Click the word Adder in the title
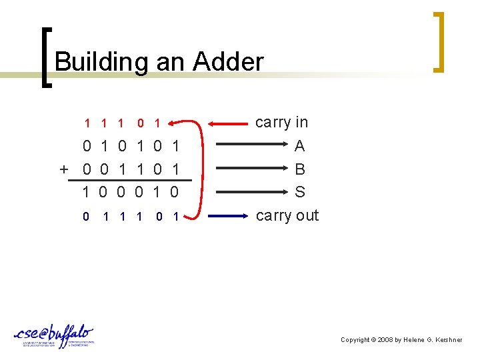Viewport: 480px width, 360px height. click(228, 63)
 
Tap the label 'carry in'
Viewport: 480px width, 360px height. click(281, 122)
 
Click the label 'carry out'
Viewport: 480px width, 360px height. click(287, 215)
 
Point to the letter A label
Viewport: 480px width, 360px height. click(300, 145)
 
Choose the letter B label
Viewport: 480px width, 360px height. click(300, 169)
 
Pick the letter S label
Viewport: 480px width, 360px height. click(300, 192)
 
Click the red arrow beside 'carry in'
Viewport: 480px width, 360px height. click(230, 123)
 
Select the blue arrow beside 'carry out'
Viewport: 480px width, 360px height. click(230, 216)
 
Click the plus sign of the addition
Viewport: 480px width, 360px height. click(64, 169)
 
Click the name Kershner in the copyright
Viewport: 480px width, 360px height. click(447, 340)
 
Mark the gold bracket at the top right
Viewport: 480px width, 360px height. click(438, 41)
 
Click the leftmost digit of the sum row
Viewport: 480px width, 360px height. click(87, 193)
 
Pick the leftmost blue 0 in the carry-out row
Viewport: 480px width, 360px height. click(87, 216)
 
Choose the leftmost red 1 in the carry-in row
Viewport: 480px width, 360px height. click(87, 123)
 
